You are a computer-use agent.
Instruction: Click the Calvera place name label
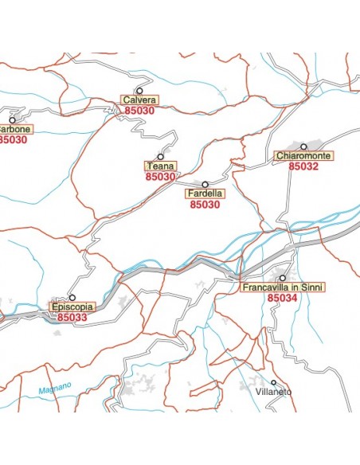tap(139, 100)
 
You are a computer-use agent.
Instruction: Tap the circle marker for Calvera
tap(139, 91)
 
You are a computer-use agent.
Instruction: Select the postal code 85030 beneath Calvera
tap(140, 111)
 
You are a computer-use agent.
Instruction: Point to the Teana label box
tap(160, 166)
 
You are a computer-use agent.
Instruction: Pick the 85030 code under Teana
tap(160, 177)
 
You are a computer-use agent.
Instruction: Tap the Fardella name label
tap(205, 193)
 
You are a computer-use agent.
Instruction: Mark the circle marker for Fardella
tap(205, 184)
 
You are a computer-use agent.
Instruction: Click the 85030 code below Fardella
tap(205, 205)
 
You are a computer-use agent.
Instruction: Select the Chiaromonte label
tap(303, 156)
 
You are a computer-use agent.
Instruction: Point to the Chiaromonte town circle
tap(303, 147)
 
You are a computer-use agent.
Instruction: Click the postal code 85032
tap(303, 167)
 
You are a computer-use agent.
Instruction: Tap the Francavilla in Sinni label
tap(283, 287)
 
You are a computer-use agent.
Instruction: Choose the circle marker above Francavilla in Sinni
tap(283, 277)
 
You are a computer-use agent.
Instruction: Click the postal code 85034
tap(283, 298)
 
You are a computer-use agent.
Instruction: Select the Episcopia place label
tap(72, 307)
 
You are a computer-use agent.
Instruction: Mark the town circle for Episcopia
tap(72, 297)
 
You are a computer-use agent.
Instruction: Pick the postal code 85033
tap(72, 317)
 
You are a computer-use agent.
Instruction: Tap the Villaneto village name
tap(274, 393)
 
